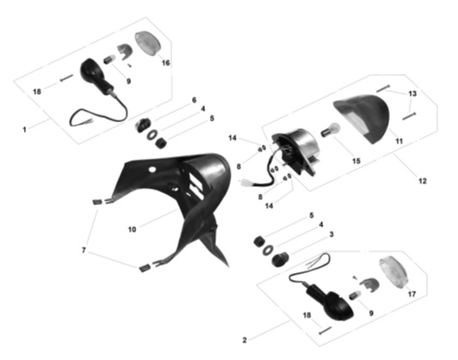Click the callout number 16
165,63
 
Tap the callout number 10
132,229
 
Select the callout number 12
423,181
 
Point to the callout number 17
412,294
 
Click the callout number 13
412,94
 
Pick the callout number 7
84,250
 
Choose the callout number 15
356,161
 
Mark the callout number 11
399,141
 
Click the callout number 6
195,100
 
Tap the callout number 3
331,234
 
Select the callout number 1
24,129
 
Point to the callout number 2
244,340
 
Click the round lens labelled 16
148,43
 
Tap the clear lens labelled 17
393,272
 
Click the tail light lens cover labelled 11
363,117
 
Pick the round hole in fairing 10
152,169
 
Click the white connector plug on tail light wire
245,183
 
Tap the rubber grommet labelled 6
142,125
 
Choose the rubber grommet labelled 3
280,259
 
